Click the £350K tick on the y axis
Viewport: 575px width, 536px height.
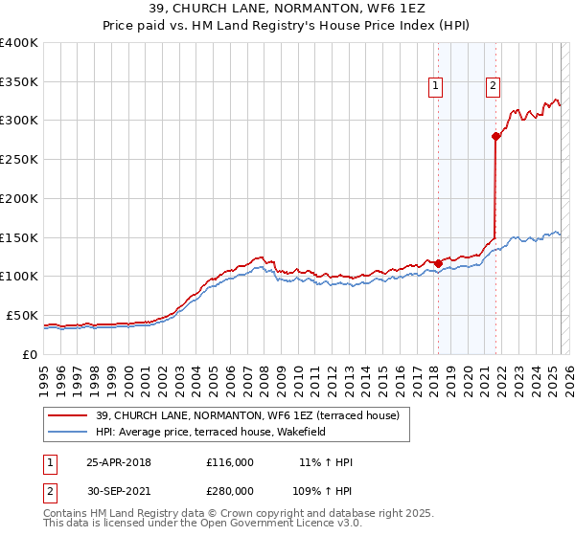click(x=19, y=81)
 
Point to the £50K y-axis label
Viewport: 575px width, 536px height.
click(x=23, y=315)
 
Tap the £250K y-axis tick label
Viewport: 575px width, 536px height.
click(x=19, y=159)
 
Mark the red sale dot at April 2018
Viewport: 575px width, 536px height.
click(x=438, y=263)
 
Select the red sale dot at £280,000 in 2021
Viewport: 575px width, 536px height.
click(x=496, y=136)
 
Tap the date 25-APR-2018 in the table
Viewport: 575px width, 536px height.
click(x=119, y=462)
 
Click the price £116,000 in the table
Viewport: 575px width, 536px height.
click(x=230, y=462)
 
